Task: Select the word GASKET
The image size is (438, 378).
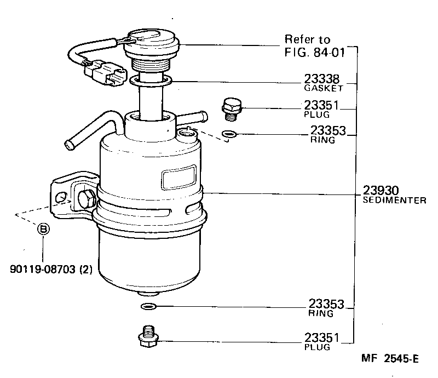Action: coord(324,88)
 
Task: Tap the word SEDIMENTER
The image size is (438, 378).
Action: coord(394,201)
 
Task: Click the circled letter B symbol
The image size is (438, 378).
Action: coord(43,229)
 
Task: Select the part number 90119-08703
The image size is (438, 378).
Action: coord(43,268)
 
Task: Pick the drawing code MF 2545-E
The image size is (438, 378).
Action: coord(389,359)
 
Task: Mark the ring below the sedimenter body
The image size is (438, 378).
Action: coord(149,306)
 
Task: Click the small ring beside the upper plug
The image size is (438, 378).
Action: coord(229,134)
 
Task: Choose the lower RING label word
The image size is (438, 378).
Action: coord(320,313)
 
